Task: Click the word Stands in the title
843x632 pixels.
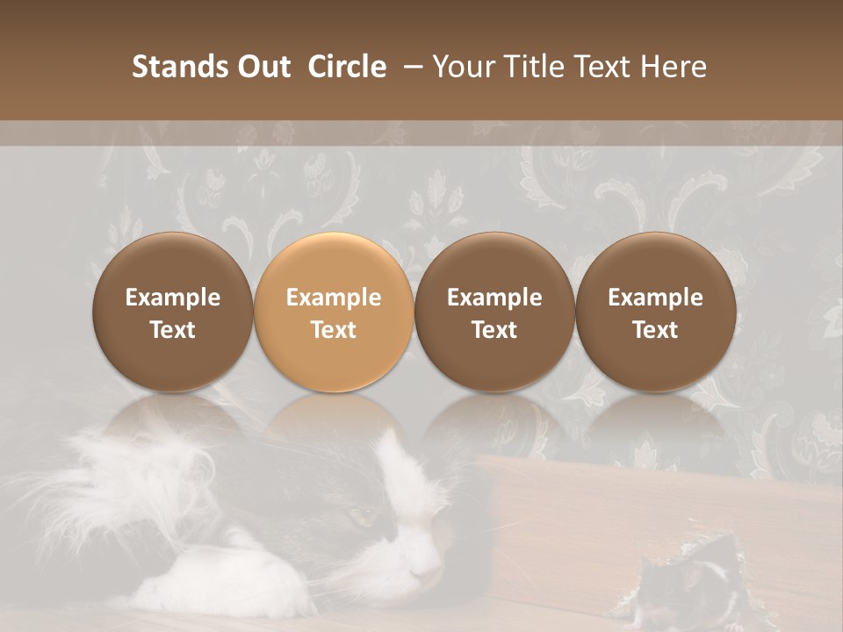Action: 178,67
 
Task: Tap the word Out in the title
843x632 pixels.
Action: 262,67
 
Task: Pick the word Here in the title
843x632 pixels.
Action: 674,67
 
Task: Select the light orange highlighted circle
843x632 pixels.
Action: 334,312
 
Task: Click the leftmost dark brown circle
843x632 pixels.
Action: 172,312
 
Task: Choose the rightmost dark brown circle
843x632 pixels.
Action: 655,312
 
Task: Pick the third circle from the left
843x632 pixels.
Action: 494,312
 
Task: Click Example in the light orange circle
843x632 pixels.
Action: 334,298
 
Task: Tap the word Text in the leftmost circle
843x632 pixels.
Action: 172,330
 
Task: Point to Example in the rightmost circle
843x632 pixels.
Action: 655,298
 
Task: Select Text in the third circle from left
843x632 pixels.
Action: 494,330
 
